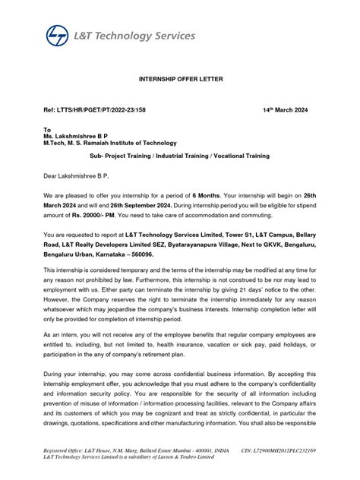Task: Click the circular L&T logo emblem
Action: [x=57, y=36]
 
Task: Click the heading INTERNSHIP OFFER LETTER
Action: [x=179, y=79]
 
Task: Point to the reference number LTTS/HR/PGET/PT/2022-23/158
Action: [x=94, y=110]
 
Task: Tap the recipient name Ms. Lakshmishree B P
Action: [x=80, y=136]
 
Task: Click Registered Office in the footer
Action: [x=69, y=451]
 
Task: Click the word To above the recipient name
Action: [x=47, y=130]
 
